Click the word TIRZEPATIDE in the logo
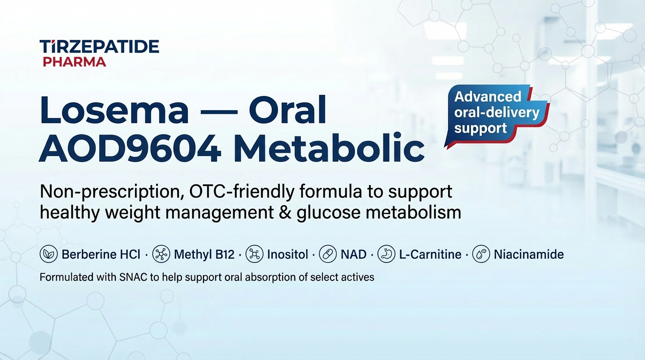click(x=99, y=46)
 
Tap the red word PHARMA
click(x=74, y=62)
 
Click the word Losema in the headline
click(x=114, y=111)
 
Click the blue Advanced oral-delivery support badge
click(x=497, y=116)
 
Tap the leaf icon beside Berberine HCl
click(x=49, y=254)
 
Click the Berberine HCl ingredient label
click(x=101, y=255)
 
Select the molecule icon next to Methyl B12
click(x=161, y=254)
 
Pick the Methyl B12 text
click(x=204, y=255)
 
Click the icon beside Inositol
click(x=254, y=254)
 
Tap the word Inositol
click(x=287, y=255)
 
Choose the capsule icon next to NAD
click(x=328, y=254)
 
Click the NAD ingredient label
click(x=353, y=255)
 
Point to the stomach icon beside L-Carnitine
click(x=386, y=254)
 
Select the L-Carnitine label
click(x=430, y=255)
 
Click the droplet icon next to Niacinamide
click(x=481, y=254)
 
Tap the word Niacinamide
click(x=529, y=255)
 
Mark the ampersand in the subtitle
click(x=285, y=212)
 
